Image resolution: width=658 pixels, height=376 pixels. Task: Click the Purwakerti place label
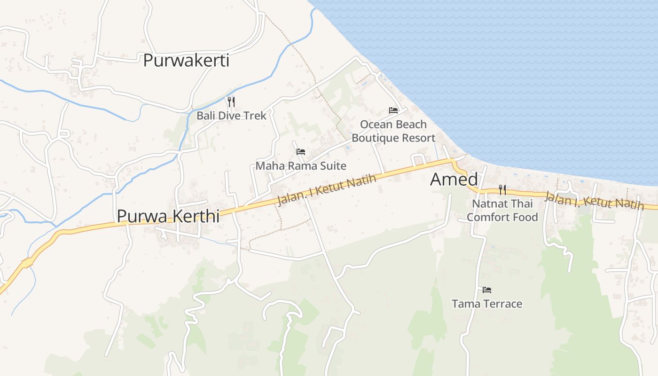186,60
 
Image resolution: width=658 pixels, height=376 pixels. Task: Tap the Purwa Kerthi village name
168,216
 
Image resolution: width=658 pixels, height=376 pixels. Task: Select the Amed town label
454,180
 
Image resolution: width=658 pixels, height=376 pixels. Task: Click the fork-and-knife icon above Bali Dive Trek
231,102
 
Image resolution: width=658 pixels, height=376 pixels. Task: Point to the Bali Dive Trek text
231,115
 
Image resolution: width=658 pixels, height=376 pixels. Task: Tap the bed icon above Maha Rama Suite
301,152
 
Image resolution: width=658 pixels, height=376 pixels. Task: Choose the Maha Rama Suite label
301,165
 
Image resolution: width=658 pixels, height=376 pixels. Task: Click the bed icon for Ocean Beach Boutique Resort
393,110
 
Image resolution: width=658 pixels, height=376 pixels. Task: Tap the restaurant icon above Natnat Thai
502,190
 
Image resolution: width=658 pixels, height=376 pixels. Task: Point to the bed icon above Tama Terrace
487,290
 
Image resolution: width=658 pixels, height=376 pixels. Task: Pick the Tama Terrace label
487,304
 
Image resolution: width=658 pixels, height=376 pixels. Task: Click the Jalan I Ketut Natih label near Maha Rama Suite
327,190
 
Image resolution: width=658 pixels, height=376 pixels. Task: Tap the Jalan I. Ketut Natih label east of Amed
594,201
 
